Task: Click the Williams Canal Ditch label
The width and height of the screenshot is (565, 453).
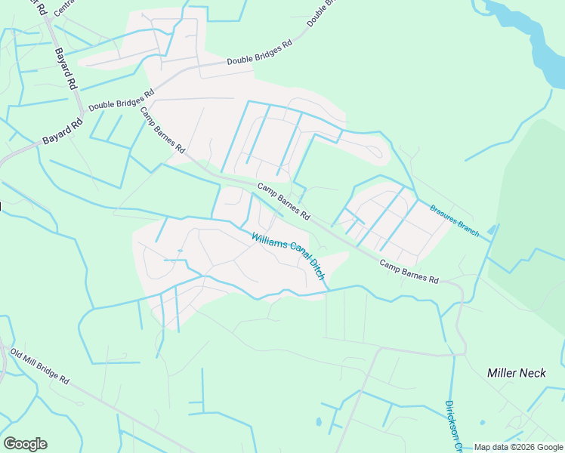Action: pos(290,256)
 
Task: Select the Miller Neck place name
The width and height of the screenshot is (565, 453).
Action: pos(517,372)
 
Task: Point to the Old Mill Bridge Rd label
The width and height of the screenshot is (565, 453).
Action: pos(40,365)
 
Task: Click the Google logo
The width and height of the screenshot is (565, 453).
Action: pos(25,443)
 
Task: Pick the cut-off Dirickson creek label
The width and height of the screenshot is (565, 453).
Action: pos(455,426)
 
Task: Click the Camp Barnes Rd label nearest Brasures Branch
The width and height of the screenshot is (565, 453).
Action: pos(409,272)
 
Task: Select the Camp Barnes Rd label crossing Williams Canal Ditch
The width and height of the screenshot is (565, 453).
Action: pos(283,202)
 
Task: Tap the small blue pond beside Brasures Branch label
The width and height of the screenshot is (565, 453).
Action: pos(492,230)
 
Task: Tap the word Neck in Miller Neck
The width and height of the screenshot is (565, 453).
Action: pos(536,372)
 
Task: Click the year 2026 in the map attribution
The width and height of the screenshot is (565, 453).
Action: pos(526,447)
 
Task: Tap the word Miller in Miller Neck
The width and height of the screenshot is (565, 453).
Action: pos(502,372)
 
